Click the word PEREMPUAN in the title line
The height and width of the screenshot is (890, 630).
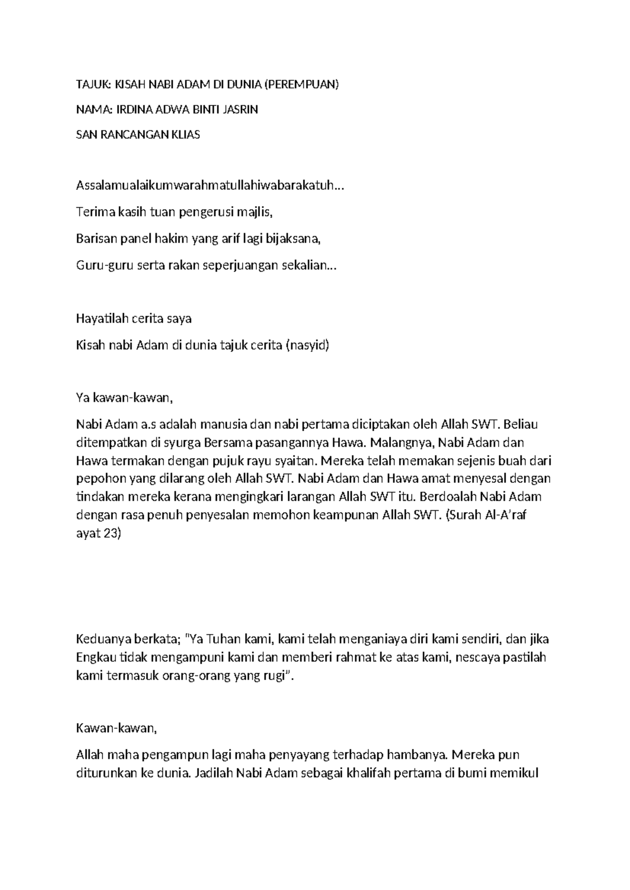pyautogui.click(x=302, y=85)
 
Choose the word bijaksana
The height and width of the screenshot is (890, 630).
pyautogui.click(x=295, y=239)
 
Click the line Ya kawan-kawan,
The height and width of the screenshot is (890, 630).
pyautogui.click(x=124, y=398)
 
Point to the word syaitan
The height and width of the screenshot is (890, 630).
pyautogui.click(x=297, y=461)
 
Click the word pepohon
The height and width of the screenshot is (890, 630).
pyautogui.click(x=97, y=479)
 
